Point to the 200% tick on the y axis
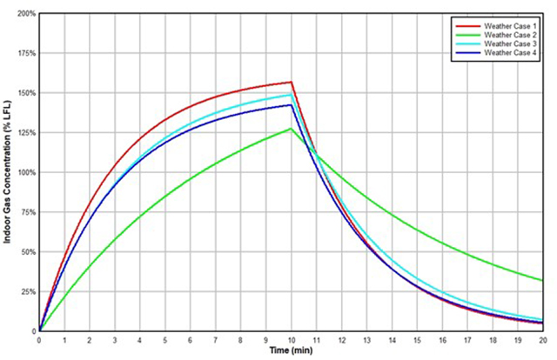click(x=24, y=14)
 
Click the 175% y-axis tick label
click(x=24, y=53)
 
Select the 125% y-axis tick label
click(x=24, y=133)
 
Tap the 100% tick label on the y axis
click(x=24, y=172)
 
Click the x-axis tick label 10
click(x=291, y=340)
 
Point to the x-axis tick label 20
click(x=543, y=340)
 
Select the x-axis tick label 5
click(x=165, y=340)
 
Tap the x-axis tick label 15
click(x=417, y=340)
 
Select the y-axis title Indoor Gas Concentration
click(x=7, y=171)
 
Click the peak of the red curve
click(x=292, y=83)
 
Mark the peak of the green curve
click(x=292, y=129)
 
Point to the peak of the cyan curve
click(x=291, y=94)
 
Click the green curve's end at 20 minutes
click(x=543, y=281)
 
